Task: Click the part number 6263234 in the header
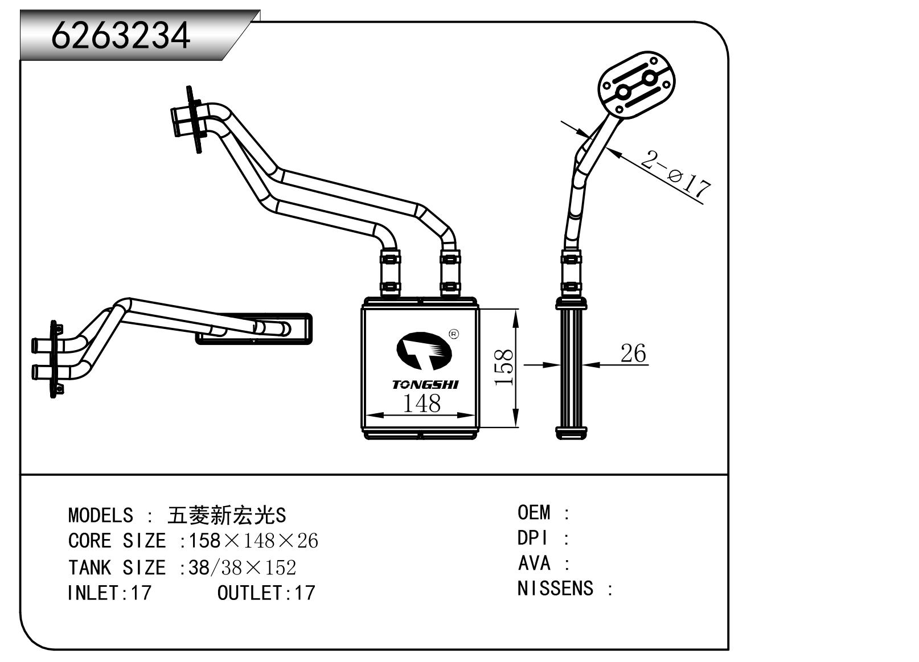coord(121,35)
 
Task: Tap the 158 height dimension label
coord(504,367)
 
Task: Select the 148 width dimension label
coord(421,404)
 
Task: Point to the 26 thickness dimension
coord(633,353)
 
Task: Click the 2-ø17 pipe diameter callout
coord(676,173)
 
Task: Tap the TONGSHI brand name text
coord(425,385)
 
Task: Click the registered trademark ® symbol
coord(453,334)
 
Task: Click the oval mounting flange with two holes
coord(636,85)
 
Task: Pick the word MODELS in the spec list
coord(100,515)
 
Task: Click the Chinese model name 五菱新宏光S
coord(227,515)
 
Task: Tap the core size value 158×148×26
coord(253,541)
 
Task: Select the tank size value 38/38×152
coord(242,567)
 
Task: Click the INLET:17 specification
coord(109,593)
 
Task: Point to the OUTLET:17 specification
coord(266,593)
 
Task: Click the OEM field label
coord(534,512)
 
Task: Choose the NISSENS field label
coord(555,588)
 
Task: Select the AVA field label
coord(534,563)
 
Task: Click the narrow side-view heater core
coord(571,370)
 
